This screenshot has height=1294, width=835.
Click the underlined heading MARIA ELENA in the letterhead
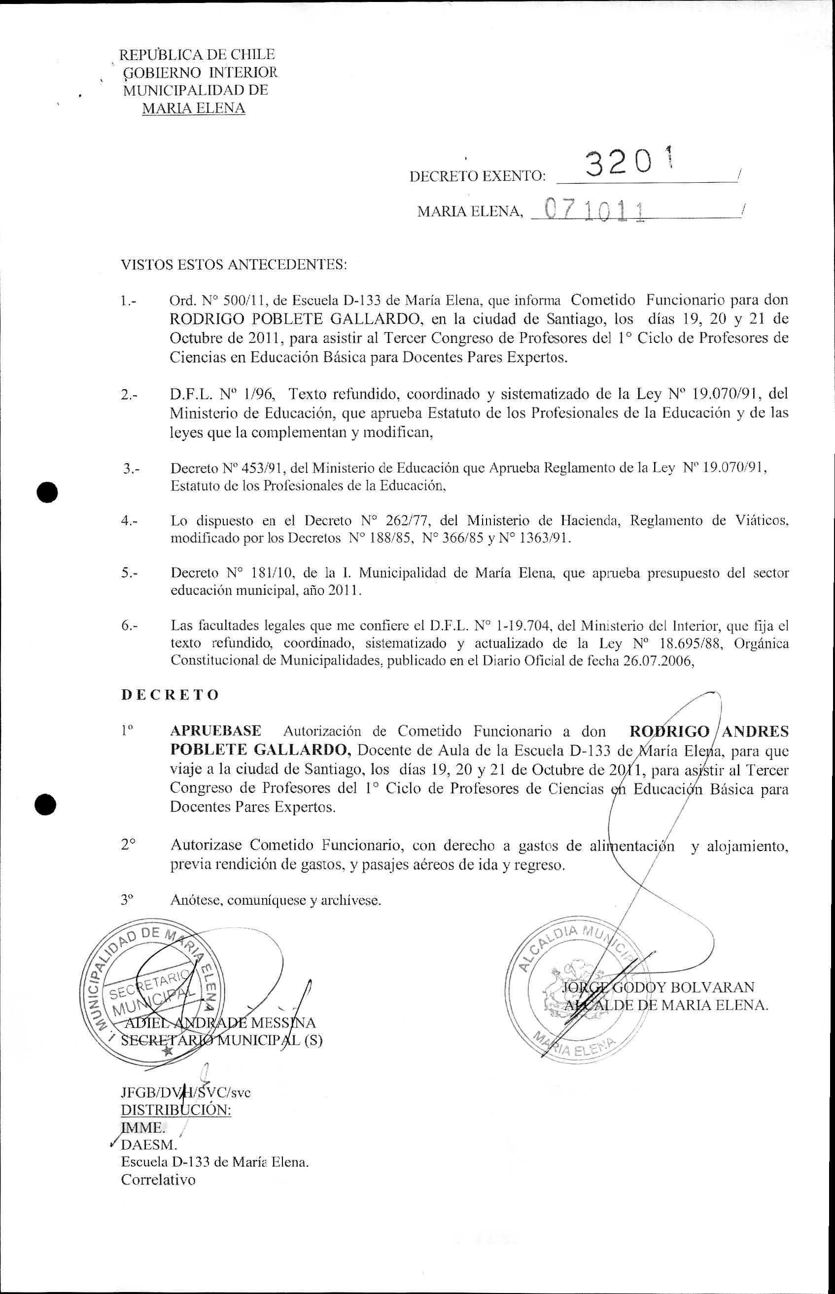[193, 108]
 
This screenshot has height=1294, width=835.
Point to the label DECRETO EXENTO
[477, 176]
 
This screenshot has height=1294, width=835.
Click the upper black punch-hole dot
[47, 492]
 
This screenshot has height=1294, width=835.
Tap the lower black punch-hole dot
[47, 805]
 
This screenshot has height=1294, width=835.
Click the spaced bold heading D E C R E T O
[170, 695]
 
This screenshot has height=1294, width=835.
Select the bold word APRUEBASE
[215, 731]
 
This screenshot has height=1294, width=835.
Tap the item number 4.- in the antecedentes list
[130, 521]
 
